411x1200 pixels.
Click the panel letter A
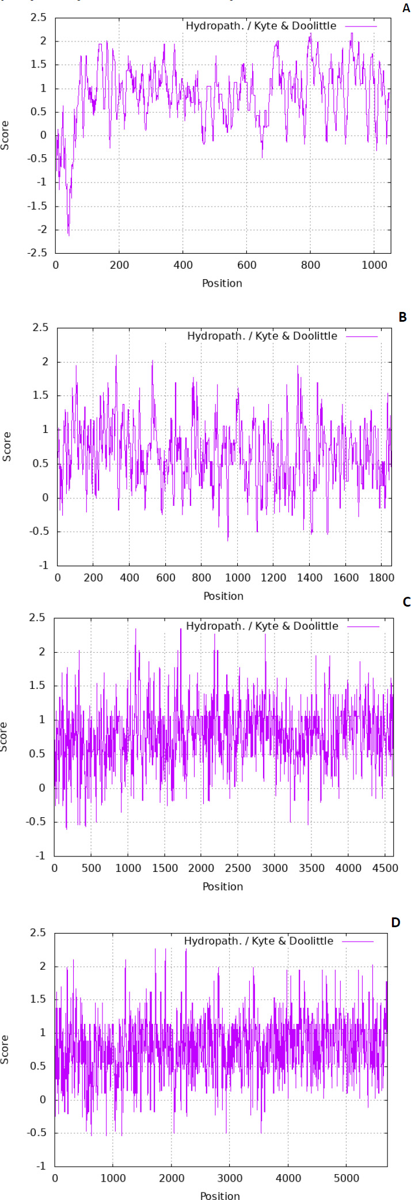click(406, 8)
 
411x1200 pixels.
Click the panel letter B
click(402, 317)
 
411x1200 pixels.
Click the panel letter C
click(406, 602)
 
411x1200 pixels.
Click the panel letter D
click(395, 922)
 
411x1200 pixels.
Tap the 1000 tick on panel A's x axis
click(374, 265)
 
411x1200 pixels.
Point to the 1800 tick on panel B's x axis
click(382, 578)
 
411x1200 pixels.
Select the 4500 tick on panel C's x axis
click(385, 868)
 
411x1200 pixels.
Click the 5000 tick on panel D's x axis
click(346, 1178)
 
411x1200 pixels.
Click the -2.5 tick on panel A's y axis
click(37, 253)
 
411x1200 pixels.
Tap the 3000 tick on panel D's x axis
click(230, 1178)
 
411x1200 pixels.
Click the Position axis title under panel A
click(222, 283)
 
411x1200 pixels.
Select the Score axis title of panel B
click(7, 447)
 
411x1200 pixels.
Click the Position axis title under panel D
click(220, 1196)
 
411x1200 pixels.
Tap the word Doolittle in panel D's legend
click(311, 941)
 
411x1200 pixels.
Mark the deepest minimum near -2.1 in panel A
click(68, 235)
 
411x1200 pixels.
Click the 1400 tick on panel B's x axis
click(310, 578)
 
